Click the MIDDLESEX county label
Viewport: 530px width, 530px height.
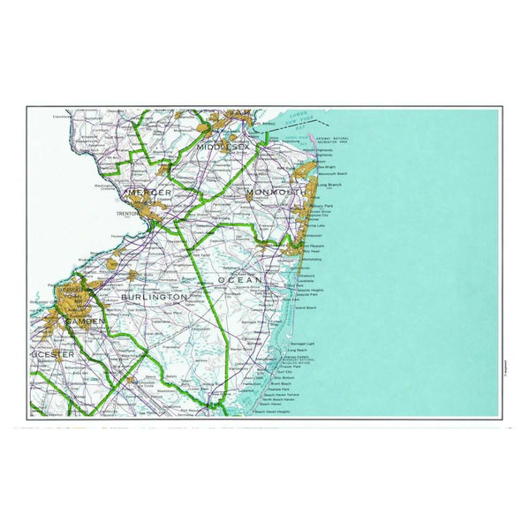223,146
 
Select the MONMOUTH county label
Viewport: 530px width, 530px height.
276,192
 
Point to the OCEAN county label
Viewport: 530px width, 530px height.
240,280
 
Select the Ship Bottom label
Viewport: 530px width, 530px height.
284,377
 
